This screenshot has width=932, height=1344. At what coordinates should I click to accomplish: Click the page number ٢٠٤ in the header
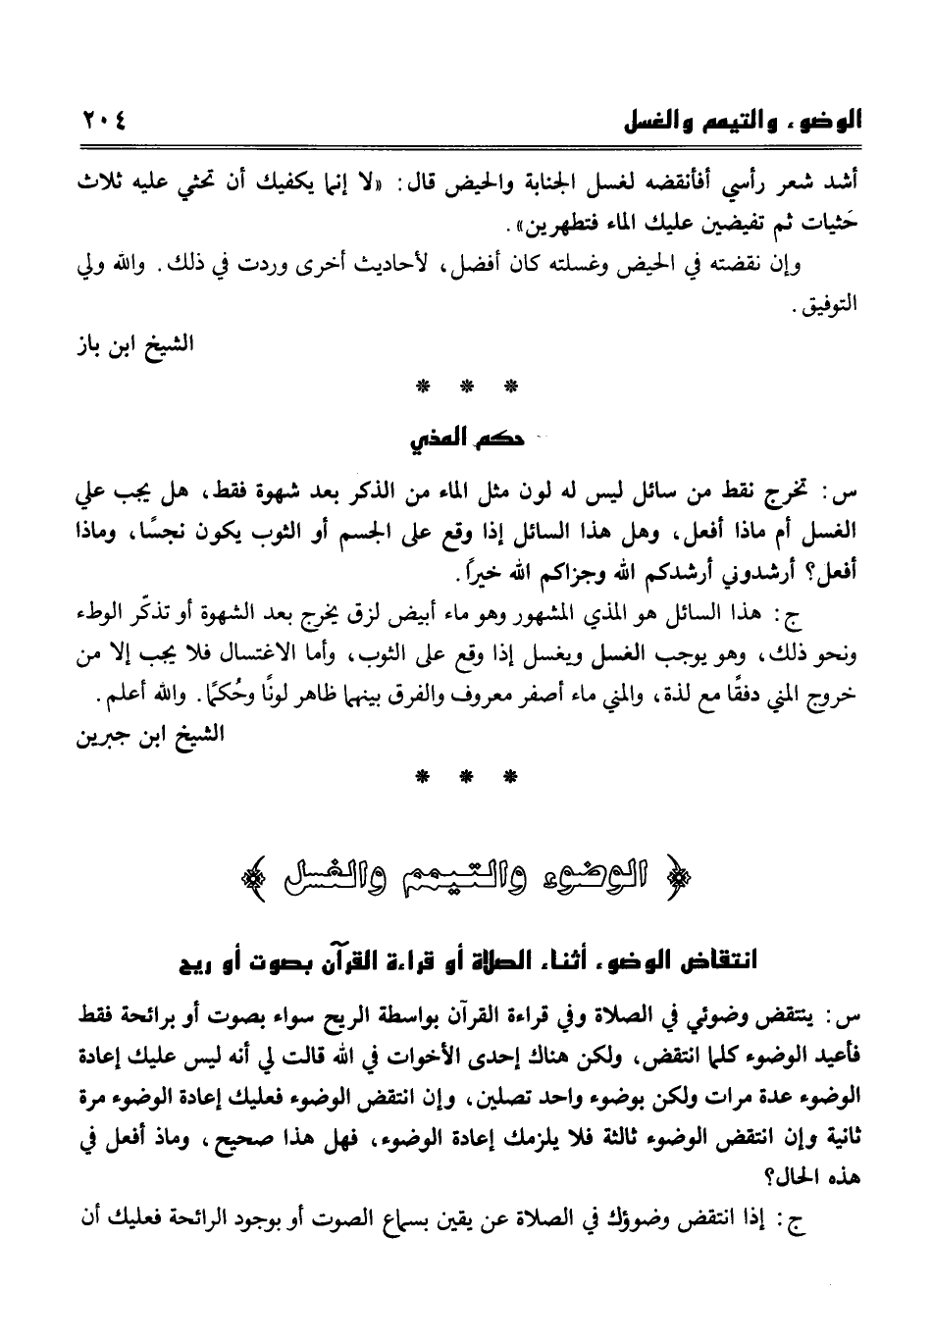pyautogui.click(x=98, y=124)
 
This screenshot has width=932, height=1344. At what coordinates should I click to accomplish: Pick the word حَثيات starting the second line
pyautogui.click(x=834, y=225)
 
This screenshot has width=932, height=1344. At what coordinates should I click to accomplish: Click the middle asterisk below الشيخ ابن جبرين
pyautogui.click(x=464, y=777)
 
